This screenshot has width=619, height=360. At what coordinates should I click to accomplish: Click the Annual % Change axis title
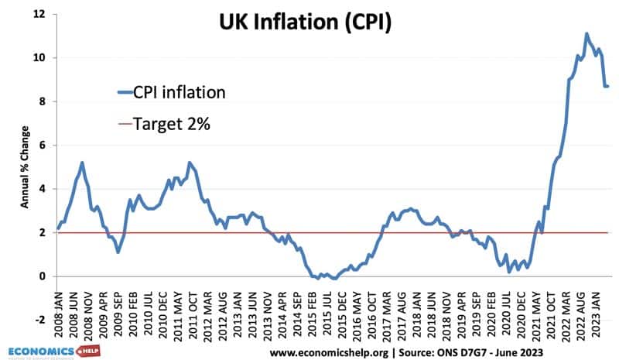[25, 166]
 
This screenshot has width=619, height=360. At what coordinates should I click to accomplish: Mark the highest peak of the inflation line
[587, 34]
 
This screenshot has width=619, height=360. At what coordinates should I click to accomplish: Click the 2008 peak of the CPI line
[82, 163]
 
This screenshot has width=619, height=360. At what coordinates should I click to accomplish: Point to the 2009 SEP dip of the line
[118, 252]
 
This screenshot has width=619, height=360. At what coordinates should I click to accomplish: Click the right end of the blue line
[607, 86]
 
